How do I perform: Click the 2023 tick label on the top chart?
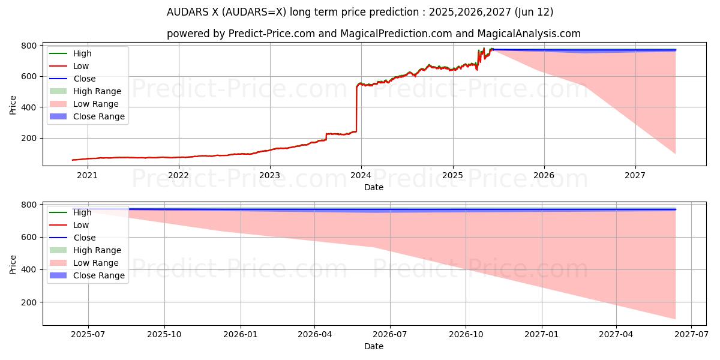(269, 175)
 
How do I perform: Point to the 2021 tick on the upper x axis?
(87, 175)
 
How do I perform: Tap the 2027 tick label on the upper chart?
(635, 175)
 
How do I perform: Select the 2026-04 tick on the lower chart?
(315, 335)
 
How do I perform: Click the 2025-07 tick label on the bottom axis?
(88, 335)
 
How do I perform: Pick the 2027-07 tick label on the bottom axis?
(691, 335)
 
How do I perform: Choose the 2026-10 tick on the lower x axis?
(466, 335)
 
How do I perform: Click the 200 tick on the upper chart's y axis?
(29, 138)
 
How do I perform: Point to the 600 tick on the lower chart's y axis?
(29, 238)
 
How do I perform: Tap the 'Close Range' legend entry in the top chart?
(98, 116)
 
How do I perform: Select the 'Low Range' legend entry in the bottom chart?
(96, 263)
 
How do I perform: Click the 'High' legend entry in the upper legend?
(82, 53)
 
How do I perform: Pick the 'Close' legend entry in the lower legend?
(84, 238)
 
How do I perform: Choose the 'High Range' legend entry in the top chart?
(97, 91)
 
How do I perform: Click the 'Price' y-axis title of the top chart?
(13, 104)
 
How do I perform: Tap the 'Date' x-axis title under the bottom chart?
(373, 346)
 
